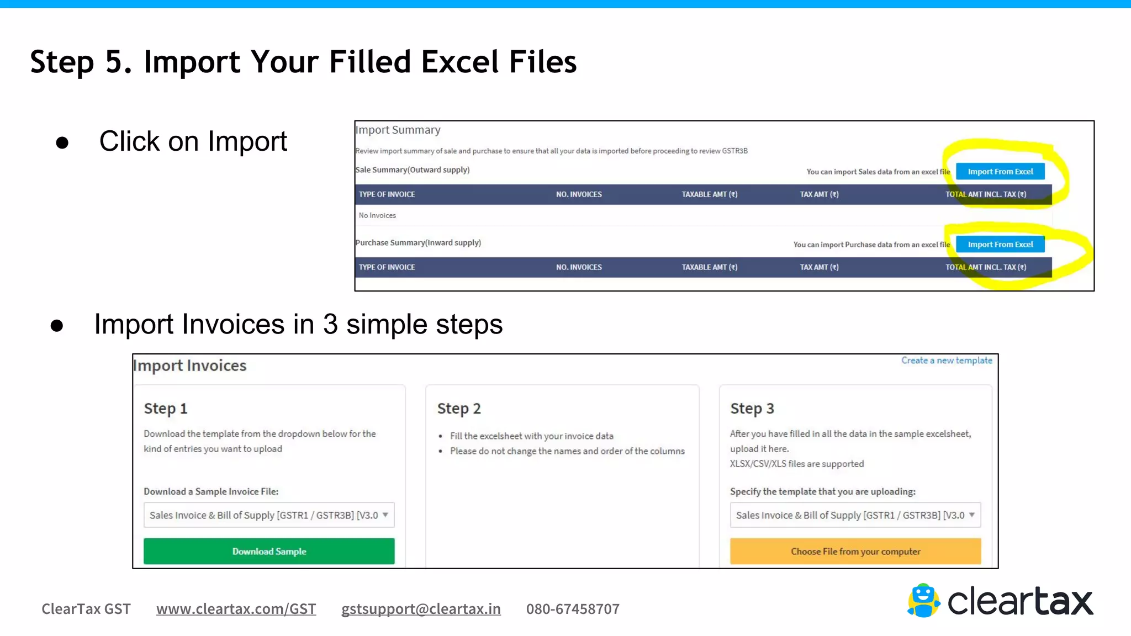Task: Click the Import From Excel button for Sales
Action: pos(1000,172)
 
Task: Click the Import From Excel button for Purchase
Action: pos(1000,245)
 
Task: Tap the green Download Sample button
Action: pos(269,551)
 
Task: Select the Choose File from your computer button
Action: pos(855,551)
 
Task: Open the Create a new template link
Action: pos(947,361)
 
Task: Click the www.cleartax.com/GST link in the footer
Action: pos(236,609)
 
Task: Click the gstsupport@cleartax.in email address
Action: pos(421,609)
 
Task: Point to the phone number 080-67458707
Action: pos(573,609)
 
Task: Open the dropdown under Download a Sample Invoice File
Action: pos(269,515)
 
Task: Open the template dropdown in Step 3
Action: pos(855,515)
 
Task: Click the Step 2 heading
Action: pos(459,409)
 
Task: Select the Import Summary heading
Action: pos(398,130)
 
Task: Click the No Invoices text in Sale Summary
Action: pos(377,215)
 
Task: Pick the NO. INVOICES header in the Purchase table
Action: pos(579,267)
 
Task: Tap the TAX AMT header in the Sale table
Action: pos(819,194)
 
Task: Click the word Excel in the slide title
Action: pos(459,61)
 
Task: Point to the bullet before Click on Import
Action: pos(62,142)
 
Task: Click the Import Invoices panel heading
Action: pos(190,365)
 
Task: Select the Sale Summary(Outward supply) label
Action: pos(413,170)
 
